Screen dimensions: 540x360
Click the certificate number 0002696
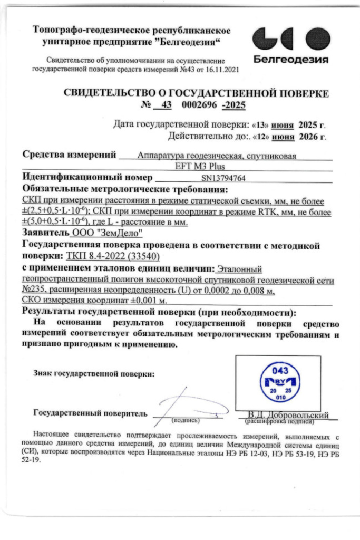[x=200, y=104]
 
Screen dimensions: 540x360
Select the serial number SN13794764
[x=223, y=178]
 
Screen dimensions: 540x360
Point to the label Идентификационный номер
[x=87, y=178]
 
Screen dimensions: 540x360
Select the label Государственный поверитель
[x=90, y=412]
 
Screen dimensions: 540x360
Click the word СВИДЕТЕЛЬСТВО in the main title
[x=112, y=93]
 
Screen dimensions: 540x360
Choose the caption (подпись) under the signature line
[x=186, y=421]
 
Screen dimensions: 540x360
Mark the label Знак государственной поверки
[x=94, y=373]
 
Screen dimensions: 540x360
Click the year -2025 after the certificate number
[x=234, y=104]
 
